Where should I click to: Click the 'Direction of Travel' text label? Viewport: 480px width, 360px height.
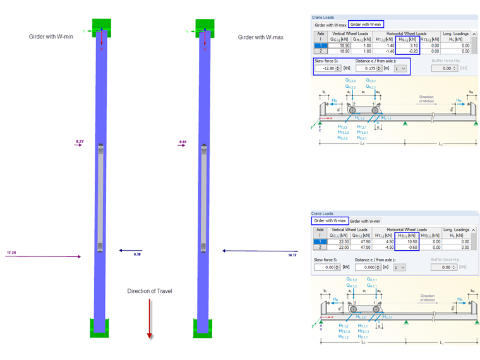[x=150, y=291]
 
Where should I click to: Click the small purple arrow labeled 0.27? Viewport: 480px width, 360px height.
[x=79, y=145]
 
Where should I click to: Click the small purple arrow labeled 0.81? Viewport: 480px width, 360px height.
[x=183, y=145]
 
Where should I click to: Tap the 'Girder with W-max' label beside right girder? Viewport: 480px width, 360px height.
[x=260, y=37]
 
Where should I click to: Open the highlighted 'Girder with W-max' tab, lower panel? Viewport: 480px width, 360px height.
[x=330, y=221]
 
